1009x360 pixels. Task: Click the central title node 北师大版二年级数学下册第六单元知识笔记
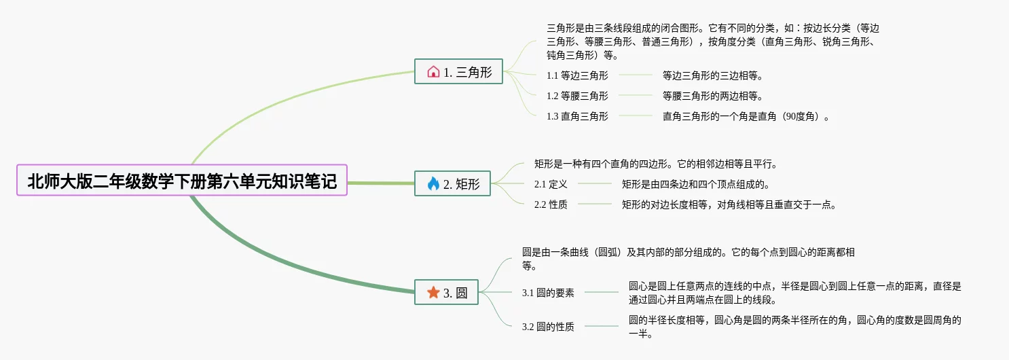point(182,181)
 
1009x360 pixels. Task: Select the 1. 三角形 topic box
point(459,71)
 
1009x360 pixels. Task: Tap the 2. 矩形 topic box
point(452,183)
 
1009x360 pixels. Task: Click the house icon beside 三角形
point(433,71)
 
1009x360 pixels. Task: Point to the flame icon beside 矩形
point(433,183)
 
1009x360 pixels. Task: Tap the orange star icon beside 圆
point(433,292)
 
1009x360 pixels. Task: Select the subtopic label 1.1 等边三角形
point(577,75)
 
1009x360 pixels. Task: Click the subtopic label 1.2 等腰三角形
point(577,96)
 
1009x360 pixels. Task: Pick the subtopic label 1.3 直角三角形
point(577,116)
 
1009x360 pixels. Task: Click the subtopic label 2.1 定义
point(551,184)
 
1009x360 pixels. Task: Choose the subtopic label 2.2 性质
point(551,204)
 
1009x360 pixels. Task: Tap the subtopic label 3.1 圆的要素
point(548,293)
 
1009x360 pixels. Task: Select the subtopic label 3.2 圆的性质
point(548,327)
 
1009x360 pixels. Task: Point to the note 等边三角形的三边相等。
point(717,75)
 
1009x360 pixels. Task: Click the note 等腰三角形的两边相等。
point(717,96)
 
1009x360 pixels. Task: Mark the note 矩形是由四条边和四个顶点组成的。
point(695,184)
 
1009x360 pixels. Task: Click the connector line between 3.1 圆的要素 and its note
point(601,292)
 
